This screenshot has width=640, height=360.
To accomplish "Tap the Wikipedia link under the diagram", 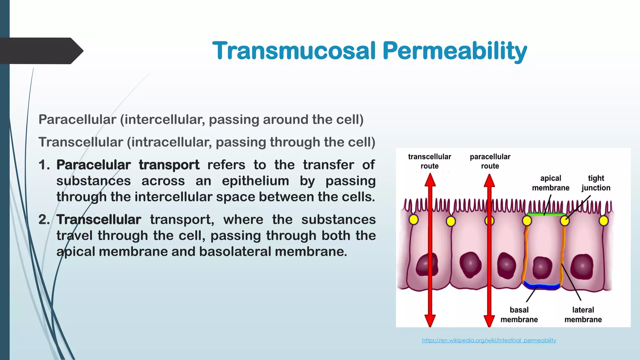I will pos(489,340).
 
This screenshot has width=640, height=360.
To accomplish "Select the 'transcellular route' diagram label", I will pos(429,161).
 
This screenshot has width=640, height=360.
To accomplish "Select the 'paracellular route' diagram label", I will pos(490,161).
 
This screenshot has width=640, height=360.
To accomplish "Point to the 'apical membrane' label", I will pos(551,183).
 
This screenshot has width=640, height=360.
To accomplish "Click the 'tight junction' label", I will pos(596,183).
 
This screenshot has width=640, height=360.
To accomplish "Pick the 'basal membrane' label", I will pos(519,315).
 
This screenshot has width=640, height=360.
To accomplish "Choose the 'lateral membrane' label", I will pos(583,315).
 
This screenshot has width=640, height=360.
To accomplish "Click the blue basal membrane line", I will pos(542,286).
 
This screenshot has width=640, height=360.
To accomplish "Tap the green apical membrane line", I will pos(545,214).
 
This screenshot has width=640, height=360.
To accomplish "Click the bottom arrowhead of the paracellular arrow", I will pos(489,320).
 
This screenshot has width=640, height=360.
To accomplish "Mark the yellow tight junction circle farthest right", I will pos(604,221).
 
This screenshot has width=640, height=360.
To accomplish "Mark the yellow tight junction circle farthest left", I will pos(413,219).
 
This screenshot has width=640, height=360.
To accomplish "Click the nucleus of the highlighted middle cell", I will pos(542,267).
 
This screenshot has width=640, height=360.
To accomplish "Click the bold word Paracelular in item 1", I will pos(93,165).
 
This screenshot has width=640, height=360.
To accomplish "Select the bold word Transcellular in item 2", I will pos(99,219).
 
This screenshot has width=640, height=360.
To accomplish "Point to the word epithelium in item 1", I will pos(255,181).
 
